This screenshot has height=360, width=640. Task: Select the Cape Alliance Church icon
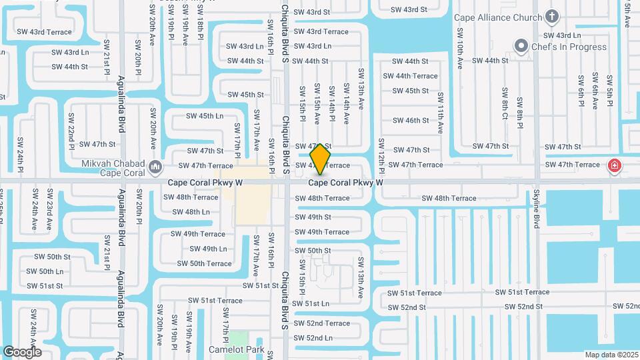[x=552, y=16]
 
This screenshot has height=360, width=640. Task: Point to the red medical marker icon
[x=614, y=165]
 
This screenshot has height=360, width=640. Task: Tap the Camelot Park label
[x=245, y=349]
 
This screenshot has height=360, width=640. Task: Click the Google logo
[x=22, y=352]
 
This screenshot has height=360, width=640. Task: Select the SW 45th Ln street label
[x=205, y=116]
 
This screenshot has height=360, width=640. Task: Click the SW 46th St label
[x=411, y=121]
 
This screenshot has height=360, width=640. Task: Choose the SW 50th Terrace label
[x=204, y=263]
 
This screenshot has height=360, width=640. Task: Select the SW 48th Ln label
[x=191, y=212]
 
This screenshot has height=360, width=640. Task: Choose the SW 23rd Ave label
[x=49, y=210]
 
